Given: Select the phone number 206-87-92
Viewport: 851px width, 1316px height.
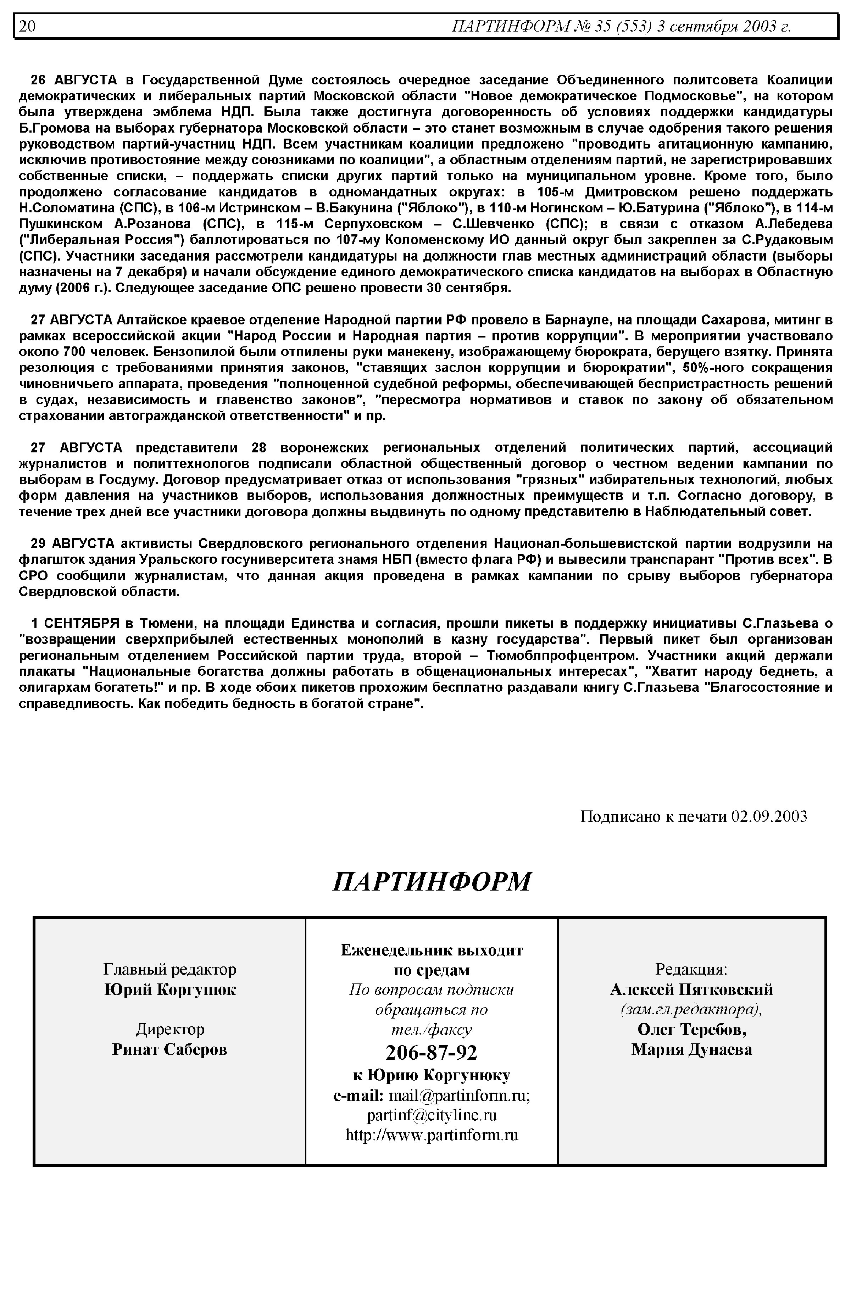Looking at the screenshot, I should [431, 1053].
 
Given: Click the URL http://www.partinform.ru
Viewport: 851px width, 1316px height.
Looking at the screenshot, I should [432, 1135].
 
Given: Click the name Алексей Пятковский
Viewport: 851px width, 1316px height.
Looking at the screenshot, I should [691, 989].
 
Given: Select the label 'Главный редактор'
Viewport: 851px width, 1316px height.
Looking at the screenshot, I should [169, 969].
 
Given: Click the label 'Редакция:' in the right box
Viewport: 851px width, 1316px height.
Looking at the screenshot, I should [691, 969].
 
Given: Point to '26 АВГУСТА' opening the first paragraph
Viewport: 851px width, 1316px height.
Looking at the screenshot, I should [73, 79].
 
